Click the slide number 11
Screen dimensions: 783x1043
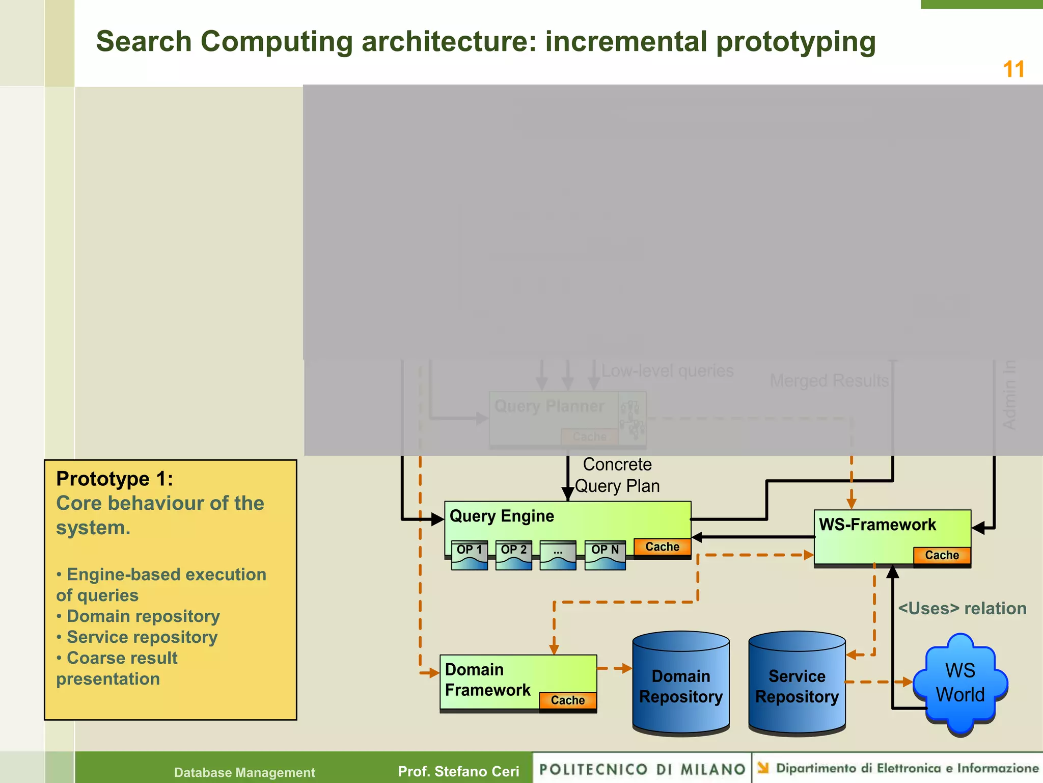click(1013, 69)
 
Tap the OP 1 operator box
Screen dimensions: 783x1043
click(469, 555)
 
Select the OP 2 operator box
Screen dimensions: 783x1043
click(513, 555)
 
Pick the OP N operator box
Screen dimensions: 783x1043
click(605, 555)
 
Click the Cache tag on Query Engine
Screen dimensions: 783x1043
click(662, 547)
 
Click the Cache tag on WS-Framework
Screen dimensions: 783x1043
click(942, 555)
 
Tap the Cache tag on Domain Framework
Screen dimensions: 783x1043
click(567, 700)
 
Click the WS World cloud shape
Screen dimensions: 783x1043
click(960, 683)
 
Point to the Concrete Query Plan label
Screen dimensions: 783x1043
click(617, 475)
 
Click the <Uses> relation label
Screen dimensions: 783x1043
click(962, 608)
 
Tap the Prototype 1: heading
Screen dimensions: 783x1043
click(115, 479)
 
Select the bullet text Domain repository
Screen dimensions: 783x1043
click(143, 616)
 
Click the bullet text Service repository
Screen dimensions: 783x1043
click(142, 637)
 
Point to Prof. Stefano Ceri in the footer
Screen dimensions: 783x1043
click(458, 771)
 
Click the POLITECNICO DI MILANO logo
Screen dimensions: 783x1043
click(642, 769)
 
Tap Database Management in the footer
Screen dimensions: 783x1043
click(244, 772)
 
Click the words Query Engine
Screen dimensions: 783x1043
click(502, 516)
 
